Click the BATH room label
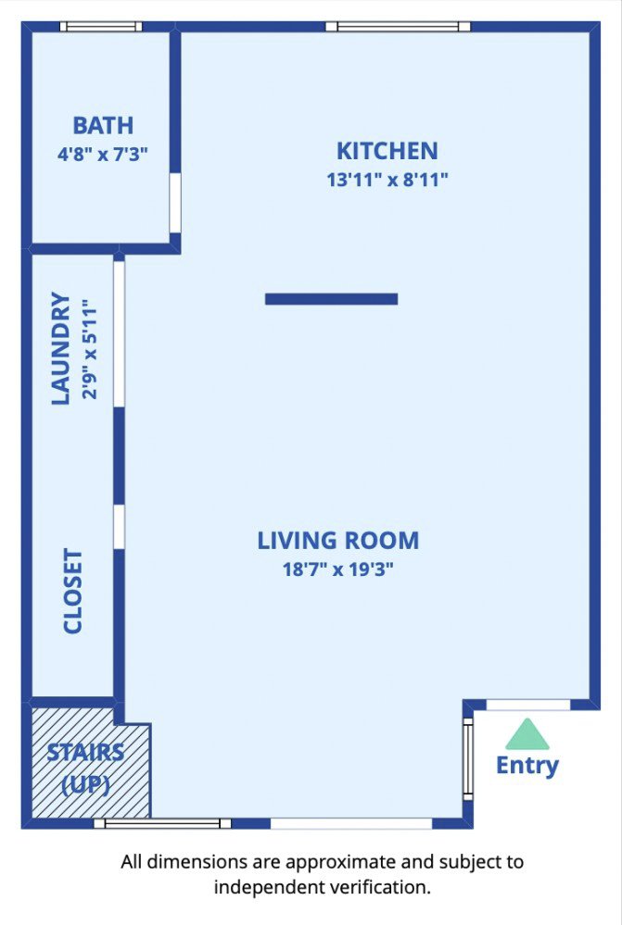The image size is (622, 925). click(x=103, y=125)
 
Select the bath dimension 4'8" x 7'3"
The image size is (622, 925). click(x=103, y=153)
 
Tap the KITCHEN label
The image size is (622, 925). click(x=387, y=150)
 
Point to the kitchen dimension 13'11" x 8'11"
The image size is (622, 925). click(x=387, y=179)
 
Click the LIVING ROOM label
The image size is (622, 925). click(x=338, y=540)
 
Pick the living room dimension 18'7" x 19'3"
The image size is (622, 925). click(x=338, y=569)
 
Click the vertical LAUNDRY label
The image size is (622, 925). click(x=60, y=348)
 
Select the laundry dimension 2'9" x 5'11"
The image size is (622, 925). click(x=88, y=348)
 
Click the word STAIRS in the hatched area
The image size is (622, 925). click(x=85, y=751)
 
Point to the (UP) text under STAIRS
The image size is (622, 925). click(x=85, y=784)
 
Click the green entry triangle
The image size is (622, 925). click(x=527, y=734)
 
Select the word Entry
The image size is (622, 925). click(x=527, y=766)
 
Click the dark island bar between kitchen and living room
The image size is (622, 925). click(x=331, y=299)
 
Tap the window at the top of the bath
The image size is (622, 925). click(x=101, y=27)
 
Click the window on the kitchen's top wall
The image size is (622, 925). click(x=397, y=27)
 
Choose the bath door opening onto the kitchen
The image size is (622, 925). click(x=174, y=203)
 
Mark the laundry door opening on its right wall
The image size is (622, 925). click(x=119, y=334)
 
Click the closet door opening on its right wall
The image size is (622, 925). click(x=119, y=526)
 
